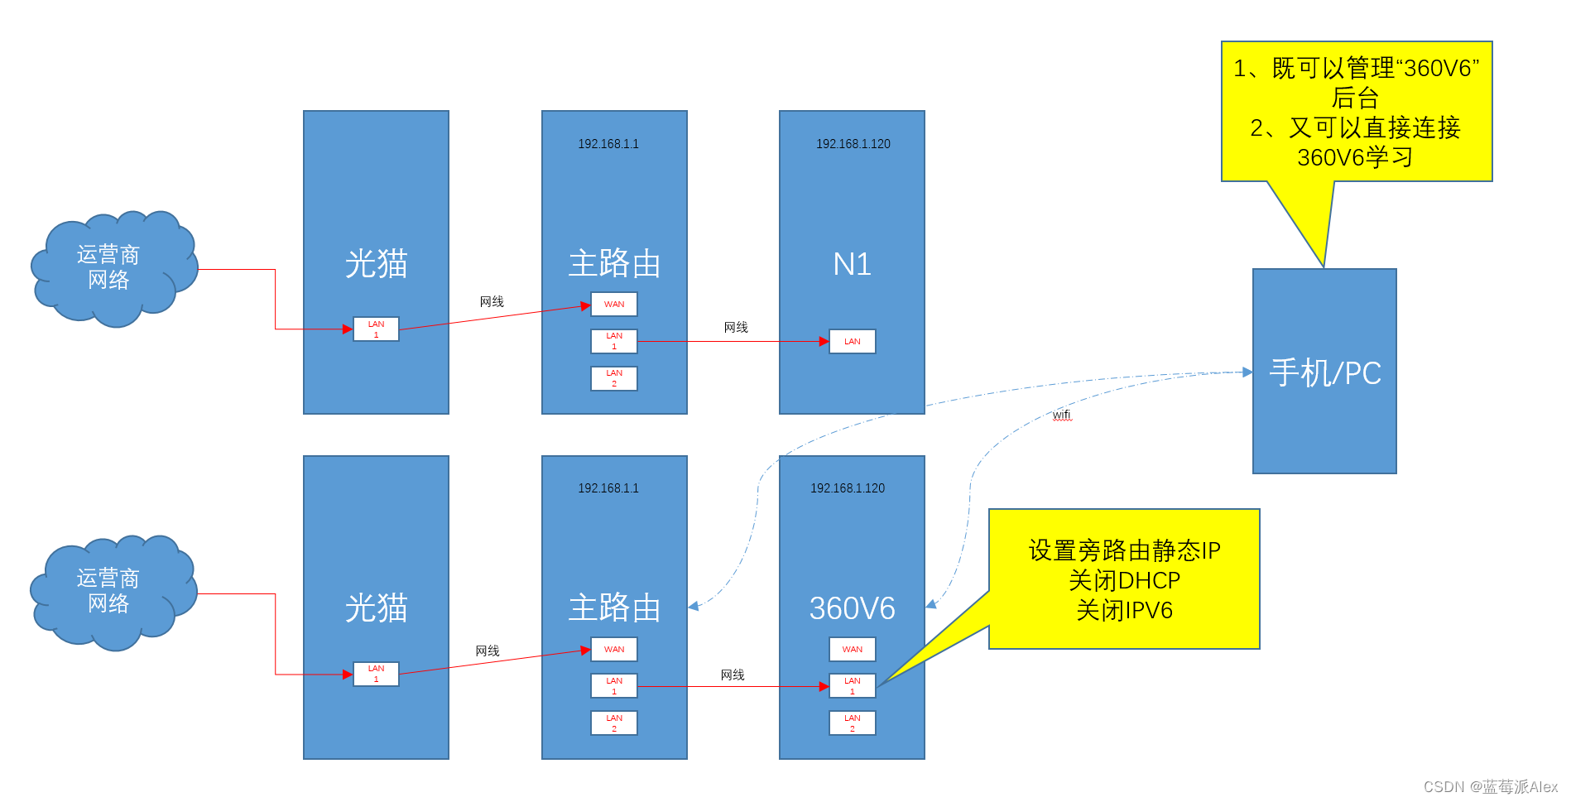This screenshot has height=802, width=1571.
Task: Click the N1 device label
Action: click(852, 264)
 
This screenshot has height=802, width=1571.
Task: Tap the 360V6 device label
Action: click(852, 608)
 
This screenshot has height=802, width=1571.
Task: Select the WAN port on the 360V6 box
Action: click(852, 650)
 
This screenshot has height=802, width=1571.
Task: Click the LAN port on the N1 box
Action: click(852, 341)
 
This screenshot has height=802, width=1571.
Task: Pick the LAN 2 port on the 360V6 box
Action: click(852, 723)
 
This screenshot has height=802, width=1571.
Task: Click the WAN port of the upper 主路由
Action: click(614, 305)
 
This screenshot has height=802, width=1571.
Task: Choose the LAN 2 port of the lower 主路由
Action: click(614, 723)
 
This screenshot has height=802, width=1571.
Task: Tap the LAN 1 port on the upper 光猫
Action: click(376, 329)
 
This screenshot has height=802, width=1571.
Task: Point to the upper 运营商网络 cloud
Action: click(112, 267)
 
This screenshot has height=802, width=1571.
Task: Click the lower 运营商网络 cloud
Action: click(112, 591)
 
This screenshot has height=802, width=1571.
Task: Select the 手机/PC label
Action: click(1325, 373)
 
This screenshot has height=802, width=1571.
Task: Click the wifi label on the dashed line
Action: click(1062, 415)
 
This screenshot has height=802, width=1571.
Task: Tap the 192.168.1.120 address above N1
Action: click(853, 144)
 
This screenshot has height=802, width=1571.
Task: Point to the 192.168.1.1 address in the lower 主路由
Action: click(608, 488)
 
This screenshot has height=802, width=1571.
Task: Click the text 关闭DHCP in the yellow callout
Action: click(1124, 580)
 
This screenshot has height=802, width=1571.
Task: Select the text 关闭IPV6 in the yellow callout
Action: click(1124, 611)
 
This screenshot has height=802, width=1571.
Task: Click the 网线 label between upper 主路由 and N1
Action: click(736, 328)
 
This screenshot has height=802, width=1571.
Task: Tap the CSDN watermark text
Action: click(1490, 786)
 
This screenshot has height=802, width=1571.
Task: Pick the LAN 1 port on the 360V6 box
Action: click(852, 685)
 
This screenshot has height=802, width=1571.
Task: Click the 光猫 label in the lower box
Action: click(376, 608)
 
